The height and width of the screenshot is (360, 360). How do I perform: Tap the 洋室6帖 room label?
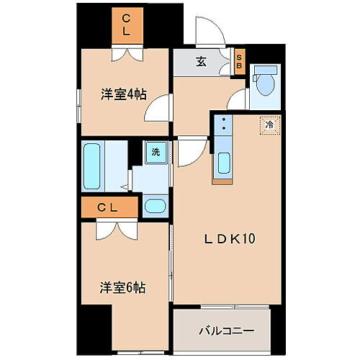click(122, 287)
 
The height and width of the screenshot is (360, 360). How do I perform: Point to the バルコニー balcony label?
click(225, 331)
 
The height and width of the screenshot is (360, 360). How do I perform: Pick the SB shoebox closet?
click(240, 62)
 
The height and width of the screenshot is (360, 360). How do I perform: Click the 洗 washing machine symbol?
click(155, 152)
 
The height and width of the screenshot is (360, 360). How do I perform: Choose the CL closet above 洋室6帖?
click(108, 208)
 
